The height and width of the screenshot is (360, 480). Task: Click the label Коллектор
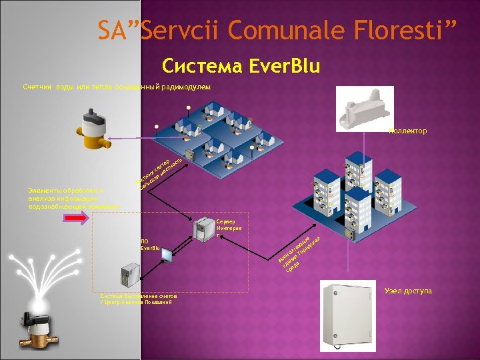pos(408,131)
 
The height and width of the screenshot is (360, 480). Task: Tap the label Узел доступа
pos(408,291)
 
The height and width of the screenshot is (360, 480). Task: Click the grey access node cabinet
pos(349,313)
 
